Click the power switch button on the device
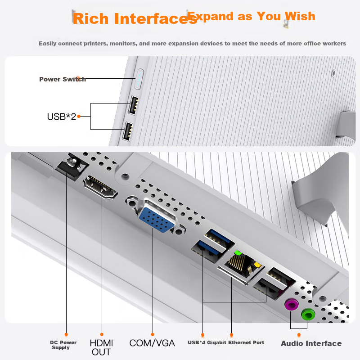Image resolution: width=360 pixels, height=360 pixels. tap(139, 79)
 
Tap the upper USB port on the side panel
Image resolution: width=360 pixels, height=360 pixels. tap(134, 105)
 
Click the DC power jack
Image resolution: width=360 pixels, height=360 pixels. tap(70, 165)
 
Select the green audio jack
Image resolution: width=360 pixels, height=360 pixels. tap(308, 314)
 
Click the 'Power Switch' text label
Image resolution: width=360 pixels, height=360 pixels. tap(62, 79)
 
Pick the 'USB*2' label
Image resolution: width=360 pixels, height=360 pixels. tap(61, 117)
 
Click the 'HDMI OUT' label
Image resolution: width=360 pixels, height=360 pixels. tap(101, 347)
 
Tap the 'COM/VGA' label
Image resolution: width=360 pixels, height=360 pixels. tap(152, 343)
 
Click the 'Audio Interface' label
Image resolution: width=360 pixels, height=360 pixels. tap(311, 343)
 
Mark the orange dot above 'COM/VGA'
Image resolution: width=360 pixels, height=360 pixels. tap(153, 334)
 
